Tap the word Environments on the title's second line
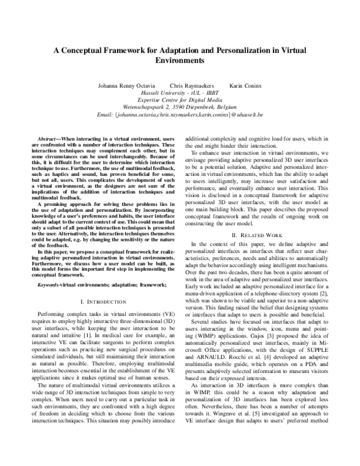(179, 61)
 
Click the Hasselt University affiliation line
(180, 94)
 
